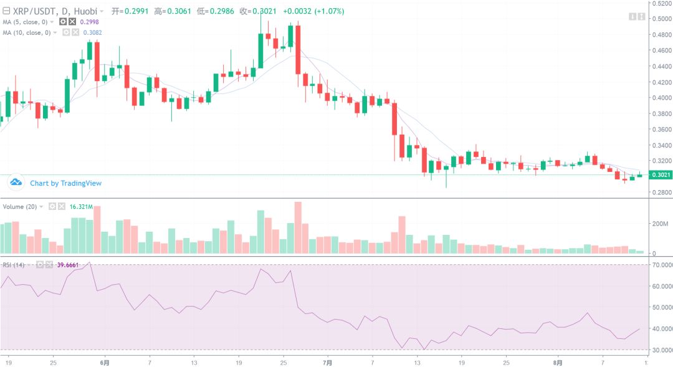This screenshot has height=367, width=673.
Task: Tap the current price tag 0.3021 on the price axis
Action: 660,175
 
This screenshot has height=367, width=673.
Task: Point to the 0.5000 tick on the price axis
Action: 661,19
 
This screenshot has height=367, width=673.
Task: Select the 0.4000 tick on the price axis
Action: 661,98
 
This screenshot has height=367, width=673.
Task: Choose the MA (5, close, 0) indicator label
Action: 26,22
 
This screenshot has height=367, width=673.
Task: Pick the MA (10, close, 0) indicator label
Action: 27,32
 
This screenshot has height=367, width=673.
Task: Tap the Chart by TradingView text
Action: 65,183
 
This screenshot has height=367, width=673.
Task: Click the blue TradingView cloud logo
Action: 16,183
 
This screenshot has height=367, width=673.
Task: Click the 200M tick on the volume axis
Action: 661,223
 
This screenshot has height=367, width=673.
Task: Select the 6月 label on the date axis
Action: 105,362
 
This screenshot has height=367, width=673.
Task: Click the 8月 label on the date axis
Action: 558,362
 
